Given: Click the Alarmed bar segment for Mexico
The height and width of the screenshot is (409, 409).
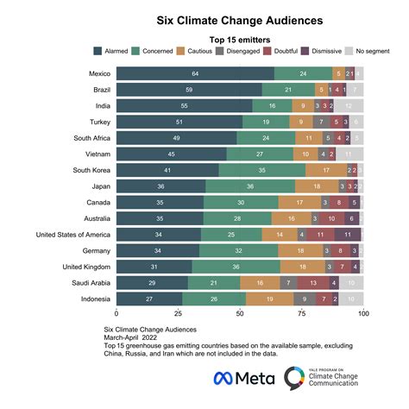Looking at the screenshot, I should pyautogui.click(x=195, y=74).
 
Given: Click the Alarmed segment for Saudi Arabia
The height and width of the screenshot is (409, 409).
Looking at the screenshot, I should pyautogui.click(x=152, y=282).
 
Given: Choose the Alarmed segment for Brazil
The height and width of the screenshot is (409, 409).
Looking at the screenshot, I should pyautogui.click(x=189, y=90).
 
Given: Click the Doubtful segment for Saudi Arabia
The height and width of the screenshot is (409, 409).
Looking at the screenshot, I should pyautogui.click(x=312, y=282).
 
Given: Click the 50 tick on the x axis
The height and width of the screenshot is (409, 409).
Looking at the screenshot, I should pyautogui.click(x=240, y=313).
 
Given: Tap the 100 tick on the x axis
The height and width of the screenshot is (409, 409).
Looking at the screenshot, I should pyautogui.click(x=363, y=313).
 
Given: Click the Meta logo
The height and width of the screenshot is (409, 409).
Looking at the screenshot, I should pyautogui.click(x=245, y=377).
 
